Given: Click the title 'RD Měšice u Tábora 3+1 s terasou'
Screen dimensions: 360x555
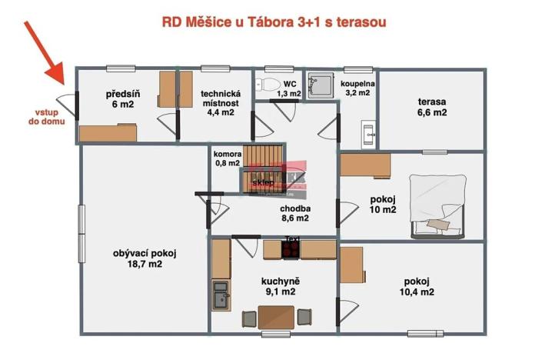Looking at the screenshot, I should (274, 22).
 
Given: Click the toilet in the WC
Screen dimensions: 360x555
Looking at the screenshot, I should (268, 83).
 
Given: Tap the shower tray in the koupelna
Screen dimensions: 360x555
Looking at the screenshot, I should (317, 84).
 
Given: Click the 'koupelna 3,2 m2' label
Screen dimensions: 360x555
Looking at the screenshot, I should (356, 87).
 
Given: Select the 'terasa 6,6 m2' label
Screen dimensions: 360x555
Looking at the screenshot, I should (432, 106).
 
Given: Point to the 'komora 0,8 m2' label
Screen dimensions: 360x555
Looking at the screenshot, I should (227, 158).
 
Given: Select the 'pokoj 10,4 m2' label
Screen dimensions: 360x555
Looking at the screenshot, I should (417, 286).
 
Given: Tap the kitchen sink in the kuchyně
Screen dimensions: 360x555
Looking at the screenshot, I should (221, 296).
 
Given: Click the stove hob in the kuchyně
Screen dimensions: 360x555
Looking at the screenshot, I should (291, 248).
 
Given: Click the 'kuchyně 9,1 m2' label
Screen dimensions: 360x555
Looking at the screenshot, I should (277, 286).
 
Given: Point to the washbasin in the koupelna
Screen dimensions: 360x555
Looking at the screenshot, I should (367, 132).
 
